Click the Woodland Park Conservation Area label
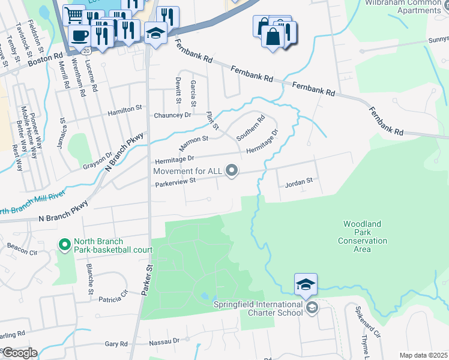coord(362,236)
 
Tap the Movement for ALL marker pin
coord(232,172)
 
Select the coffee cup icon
coord(79,35)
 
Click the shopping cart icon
coord(74,14)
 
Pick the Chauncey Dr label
coord(172,115)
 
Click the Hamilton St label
coord(124,112)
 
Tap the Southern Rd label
coord(250,128)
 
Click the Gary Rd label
coord(116,344)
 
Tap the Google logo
coord(19,353)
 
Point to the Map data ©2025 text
coord(423,355)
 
